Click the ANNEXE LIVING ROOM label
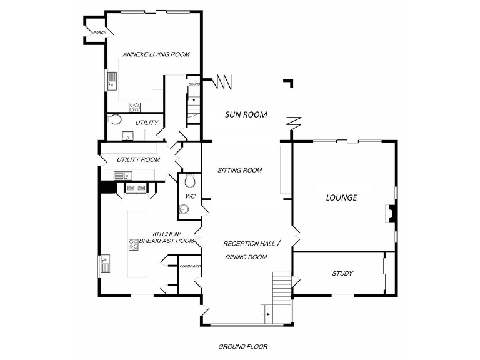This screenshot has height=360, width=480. coord(156,54)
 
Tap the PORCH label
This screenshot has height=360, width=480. coord(99,32)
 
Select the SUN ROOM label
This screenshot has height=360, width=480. coord(246,114)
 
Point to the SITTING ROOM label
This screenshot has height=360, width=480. coord(239,170)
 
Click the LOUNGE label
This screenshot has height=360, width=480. coord(342,197)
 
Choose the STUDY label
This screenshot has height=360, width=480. coord(343,274)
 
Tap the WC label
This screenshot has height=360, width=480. coord(191,196)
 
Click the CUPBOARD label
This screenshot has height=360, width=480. coord(190,267)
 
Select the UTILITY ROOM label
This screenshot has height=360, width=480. coord(138,160)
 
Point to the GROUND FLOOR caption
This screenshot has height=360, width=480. coord(243,347)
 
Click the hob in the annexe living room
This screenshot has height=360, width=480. coord(135,106)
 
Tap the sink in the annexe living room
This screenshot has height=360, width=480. coord(112,81)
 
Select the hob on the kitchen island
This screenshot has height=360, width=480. coord(133,244)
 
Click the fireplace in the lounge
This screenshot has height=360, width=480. coord(390,214)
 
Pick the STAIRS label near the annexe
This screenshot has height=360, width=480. coord(194,84)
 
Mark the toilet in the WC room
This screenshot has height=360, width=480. coord(191,182)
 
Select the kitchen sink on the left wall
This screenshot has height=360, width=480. coord(104,264)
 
